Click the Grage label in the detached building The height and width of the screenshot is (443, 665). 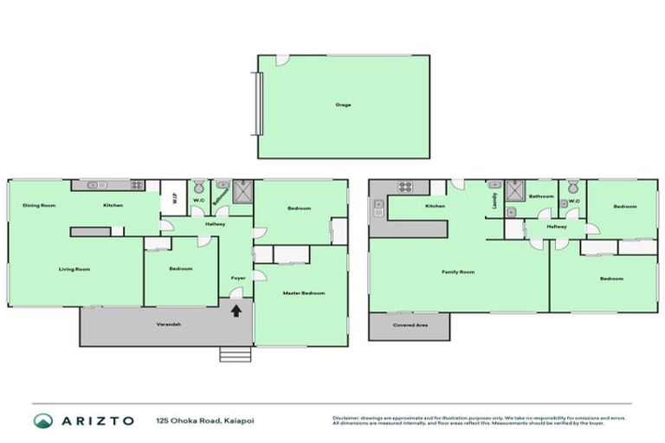(x=343, y=105)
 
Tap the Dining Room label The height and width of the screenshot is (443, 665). (x=39, y=205)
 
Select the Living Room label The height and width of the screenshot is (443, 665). (x=74, y=269)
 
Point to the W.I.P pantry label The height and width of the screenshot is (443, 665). (x=172, y=196)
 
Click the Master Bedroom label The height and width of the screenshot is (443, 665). (x=304, y=293)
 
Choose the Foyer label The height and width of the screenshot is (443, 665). (x=236, y=278)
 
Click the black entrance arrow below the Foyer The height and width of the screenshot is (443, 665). (x=236, y=311)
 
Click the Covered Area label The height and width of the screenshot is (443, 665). (x=409, y=325)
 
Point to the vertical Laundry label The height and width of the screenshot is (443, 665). (x=494, y=200)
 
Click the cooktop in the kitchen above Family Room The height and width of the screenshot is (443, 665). (x=404, y=186)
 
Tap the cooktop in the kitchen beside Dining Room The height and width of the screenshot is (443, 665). (x=137, y=185)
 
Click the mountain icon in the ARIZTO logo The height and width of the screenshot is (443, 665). (x=42, y=421)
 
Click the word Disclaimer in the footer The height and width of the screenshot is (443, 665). (x=345, y=416)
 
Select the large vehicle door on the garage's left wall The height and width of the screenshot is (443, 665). (x=256, y=103)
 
